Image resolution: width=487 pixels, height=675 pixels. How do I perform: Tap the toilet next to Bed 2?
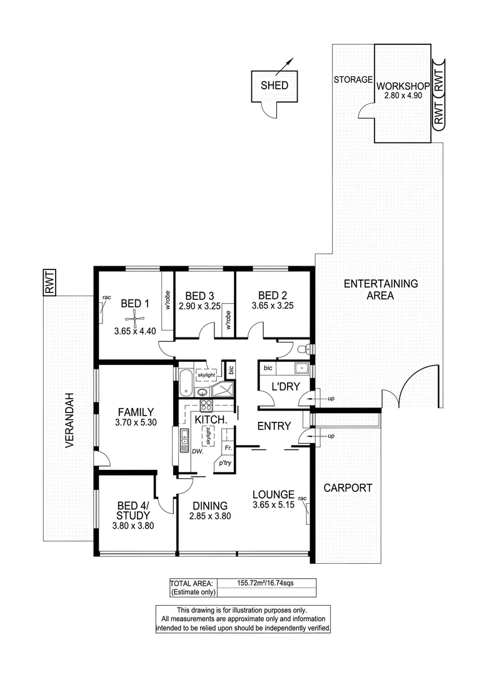(303, 349)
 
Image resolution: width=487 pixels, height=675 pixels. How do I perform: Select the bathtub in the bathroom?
(185, 383)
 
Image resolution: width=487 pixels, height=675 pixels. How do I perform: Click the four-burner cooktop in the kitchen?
(206, 404)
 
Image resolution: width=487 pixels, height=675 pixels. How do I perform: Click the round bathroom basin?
(204, 392)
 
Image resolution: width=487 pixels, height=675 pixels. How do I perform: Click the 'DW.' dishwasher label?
(196, 451)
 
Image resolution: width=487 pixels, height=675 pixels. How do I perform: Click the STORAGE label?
(353, 80)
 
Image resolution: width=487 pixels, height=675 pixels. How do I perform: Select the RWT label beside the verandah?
(49, 282)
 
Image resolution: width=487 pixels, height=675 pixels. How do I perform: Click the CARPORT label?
(348, 488)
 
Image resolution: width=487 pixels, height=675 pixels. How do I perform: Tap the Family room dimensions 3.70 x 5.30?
(136, 423)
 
